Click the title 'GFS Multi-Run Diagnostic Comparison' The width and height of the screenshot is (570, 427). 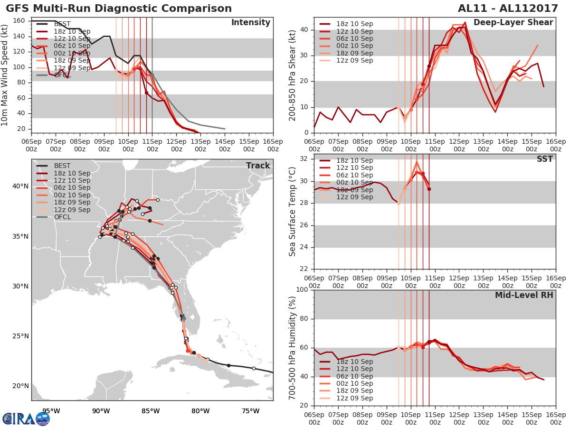[119, 9]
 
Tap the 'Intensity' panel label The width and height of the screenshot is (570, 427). [250, 23]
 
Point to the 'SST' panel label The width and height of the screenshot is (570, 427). [544, 159]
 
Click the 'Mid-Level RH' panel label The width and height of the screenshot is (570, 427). [524, 295]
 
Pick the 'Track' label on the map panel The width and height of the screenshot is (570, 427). [258, 166]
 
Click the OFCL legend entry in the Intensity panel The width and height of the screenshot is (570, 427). [62, 75]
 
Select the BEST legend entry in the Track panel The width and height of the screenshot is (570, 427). [62, 166]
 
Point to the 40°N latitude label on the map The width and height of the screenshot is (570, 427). [20, 186]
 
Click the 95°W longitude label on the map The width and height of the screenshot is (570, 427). [51, 411]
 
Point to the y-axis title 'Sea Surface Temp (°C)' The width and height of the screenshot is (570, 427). [293, 212]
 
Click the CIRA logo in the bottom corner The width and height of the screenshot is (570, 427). [26, 418]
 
